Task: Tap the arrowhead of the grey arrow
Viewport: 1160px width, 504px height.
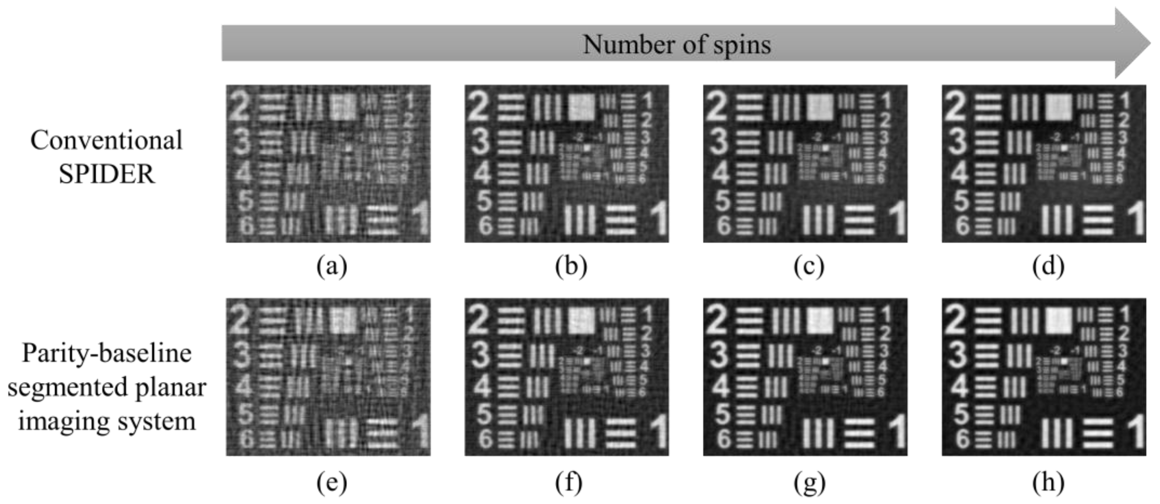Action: pyautogui.click(x=1133, y=43)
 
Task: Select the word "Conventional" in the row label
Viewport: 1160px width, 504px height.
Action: pyautogui.click(x=106, y=140)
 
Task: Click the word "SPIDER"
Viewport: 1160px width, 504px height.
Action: pyautogui.click(x=107, y=174)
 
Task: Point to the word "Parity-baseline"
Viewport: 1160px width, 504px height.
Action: pyautogui.click(x=107, y=353)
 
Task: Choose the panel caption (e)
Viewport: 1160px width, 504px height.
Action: pyautogui.click(x=332, y=483)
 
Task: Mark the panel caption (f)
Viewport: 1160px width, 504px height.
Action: pyautogui.click(x=569, y=483)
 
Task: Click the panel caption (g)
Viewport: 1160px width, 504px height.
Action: pyautogui.click(x=809, y=483)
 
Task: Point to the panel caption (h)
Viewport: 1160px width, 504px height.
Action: pyautogui.click(x=1048, y=483)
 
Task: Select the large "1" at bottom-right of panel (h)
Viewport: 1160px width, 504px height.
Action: pyautogui.click(x=1135, y=432)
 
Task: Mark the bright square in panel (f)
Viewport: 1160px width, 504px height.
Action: pyautogui.click(x=581, y=320)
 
